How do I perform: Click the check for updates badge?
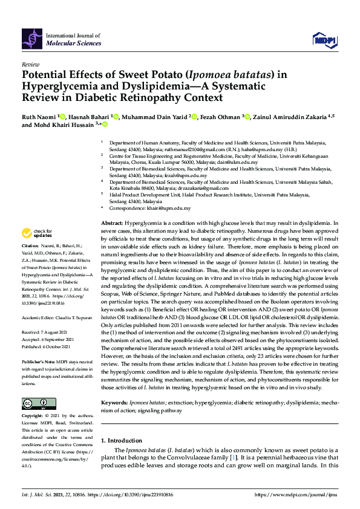(37, 233)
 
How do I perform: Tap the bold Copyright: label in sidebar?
(33, 417)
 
